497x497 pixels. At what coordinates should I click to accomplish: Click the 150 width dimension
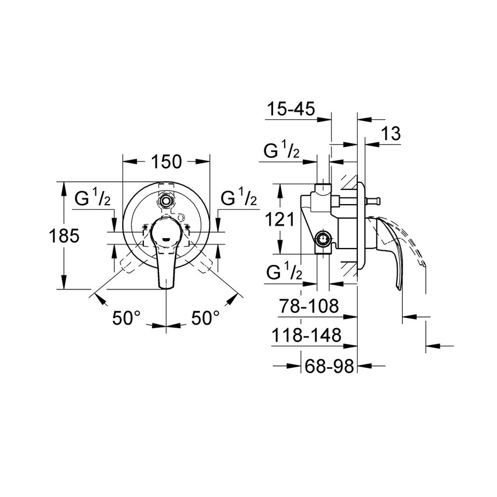pos(166,162)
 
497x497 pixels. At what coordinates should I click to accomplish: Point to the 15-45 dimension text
pos(291,108)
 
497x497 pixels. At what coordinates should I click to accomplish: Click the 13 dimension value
pos(391,133)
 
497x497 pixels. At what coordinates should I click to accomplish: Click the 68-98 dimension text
pos(330,366)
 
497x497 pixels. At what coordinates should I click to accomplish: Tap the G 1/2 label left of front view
pos(92,198)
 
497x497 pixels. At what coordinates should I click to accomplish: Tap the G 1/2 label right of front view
pos(239,198)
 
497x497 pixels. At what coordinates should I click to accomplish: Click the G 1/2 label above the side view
pos(282,151)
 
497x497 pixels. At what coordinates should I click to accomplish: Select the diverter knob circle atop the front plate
pos(167,201)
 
